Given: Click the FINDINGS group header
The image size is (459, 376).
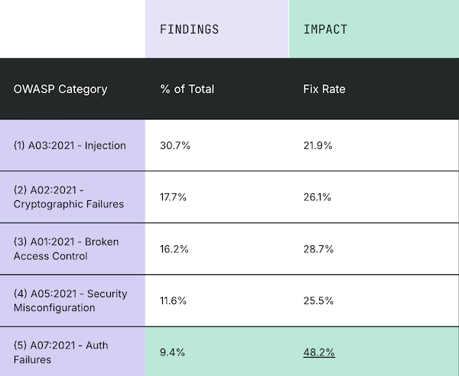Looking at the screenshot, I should pyautogui.click(x=189, y=30).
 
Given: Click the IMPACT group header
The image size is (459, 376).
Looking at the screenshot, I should pyautogui.click(x=325, y=30).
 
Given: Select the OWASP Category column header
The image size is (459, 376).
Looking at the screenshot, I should pyautogui.click(x=60, y=89).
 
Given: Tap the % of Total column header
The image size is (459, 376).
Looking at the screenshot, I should pyautogui.click(x=187, y=89).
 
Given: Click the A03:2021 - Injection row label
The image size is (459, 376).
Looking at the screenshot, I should pyautogui.click(x=70, y=145).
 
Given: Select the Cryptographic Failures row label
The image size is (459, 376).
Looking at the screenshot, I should pyautogui.click(x=69, y=196).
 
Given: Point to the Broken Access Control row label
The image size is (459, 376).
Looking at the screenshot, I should pyautogui.click(x=66, y=248).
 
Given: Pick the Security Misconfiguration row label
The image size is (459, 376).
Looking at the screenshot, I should pyautogui.click(x=70, y=300).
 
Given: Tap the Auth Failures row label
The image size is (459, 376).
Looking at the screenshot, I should pyautogui.click(x=61, y=352).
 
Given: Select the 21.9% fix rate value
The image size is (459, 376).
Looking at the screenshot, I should pyautogui.click(x=318, y=145).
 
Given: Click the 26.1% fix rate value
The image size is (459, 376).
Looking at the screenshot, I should pyautogui.click(x=318, y=196).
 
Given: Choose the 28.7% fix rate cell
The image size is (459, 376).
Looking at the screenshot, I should pyautogui.click(x=318, y=248).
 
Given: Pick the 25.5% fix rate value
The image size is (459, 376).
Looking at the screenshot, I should pyautogui.click(x=318, y=300).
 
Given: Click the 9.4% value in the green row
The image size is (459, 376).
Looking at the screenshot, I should pyautogui.click(x=173, y=352).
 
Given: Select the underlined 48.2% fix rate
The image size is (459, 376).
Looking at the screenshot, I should pyautogui.click(x=318, y=352).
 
